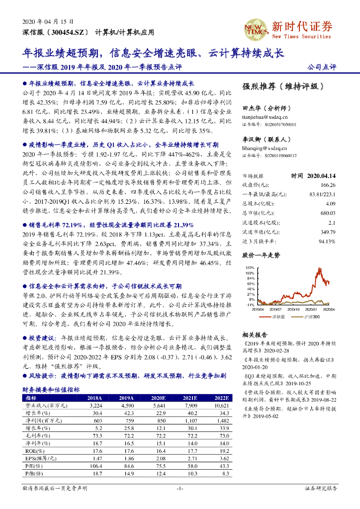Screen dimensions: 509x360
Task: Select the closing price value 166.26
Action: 326,185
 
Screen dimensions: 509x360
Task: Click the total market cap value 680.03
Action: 326,213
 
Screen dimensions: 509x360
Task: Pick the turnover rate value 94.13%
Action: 326,241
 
